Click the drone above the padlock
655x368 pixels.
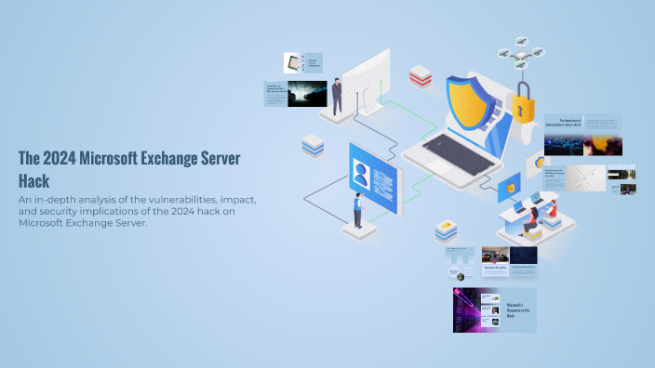[520, 51]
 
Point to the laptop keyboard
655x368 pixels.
[457, 153]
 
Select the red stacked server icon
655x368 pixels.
[421, 76]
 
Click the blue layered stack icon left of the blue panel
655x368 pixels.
[313, 145]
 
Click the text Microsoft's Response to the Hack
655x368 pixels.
[515, 310]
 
